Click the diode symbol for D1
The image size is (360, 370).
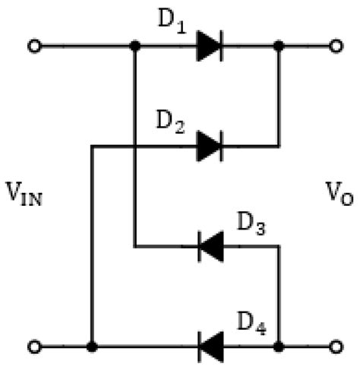tap(209, 46)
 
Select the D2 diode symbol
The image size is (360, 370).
tap(209, 145)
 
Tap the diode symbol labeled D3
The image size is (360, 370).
tap(209, 246)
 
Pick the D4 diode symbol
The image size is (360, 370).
tap(209, 346)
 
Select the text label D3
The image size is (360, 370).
tap(250, 223)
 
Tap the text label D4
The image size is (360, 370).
tap(250, 324)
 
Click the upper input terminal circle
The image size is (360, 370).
tap(34, 46)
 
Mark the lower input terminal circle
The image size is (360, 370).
tap(34, 346)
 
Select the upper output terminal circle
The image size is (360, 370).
tap(335, 46)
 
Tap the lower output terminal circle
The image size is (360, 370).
tap(335, 346)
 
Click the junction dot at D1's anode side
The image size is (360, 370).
tap(135, 46)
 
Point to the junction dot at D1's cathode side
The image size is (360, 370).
tap(279, 46)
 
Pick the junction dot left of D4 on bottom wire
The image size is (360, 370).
tap(92, 346)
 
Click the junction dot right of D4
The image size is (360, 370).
tap(279, 346)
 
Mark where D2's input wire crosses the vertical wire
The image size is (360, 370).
tap(135, 145)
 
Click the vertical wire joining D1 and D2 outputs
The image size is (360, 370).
tap(279, 95)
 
